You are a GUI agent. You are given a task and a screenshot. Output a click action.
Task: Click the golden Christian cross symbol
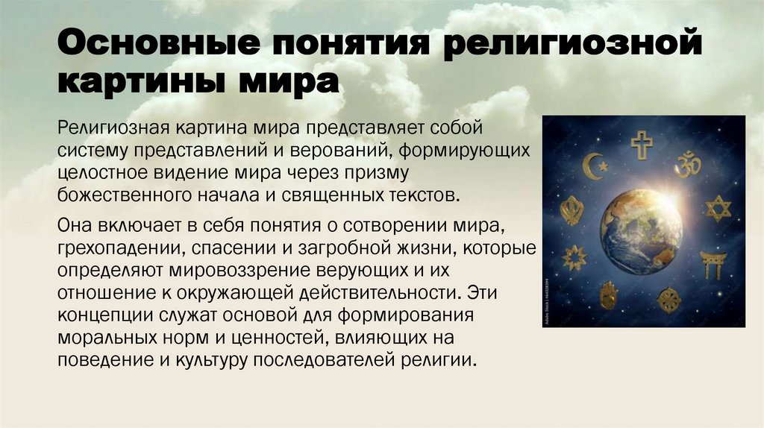(641, 144)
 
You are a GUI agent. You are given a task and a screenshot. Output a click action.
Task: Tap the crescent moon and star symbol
(595, 165)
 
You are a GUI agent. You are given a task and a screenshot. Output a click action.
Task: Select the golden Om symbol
(687, 164)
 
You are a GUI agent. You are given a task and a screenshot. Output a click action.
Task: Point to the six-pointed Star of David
(718, 208)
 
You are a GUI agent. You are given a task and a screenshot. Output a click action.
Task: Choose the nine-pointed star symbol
(574, 258)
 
